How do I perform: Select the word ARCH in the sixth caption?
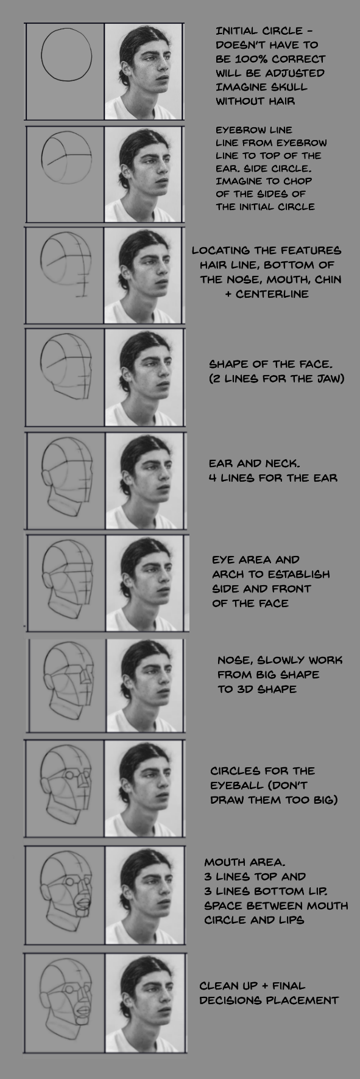pos(228,574)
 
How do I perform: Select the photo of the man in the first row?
pos(144,71)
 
